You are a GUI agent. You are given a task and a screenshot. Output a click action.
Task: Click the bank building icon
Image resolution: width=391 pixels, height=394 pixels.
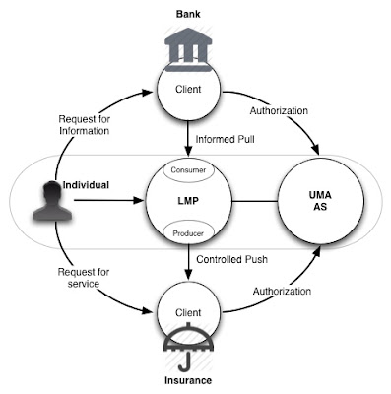(188, 49)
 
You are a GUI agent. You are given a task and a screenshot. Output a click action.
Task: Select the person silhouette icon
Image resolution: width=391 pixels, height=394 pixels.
(52, 200)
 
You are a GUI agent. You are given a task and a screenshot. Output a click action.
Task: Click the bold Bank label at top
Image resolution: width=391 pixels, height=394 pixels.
(188, 14)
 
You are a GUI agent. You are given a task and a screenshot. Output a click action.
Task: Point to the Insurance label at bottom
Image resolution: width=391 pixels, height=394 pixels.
(188, 380)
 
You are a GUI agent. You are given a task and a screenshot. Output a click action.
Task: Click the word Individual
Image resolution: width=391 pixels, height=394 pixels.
(86, 185)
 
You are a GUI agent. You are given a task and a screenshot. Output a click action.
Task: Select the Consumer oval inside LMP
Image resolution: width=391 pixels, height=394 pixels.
(188, 170)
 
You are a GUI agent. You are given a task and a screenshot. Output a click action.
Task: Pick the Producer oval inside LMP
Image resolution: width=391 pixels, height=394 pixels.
(188, 233)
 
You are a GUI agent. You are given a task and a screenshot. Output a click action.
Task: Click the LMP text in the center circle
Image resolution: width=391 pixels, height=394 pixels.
(188, 201)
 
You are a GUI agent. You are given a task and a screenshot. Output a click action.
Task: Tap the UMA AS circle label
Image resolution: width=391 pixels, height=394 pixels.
(320, 201)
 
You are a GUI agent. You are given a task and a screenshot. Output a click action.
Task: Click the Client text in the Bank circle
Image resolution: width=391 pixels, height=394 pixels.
(188, 89)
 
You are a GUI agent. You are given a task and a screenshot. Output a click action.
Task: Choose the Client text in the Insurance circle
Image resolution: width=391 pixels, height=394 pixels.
(188, 312)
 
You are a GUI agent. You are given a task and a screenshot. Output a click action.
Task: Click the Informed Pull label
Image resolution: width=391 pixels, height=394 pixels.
(225, 139)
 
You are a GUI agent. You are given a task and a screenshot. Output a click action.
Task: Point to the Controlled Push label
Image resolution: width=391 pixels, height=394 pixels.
(231, 259)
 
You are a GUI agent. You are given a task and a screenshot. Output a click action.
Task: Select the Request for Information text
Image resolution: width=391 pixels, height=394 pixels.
(85, 125)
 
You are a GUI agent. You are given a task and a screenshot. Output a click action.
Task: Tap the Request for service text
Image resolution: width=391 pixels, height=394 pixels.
(84, 278)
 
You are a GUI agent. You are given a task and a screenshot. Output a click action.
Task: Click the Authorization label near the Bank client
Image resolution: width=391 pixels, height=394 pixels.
(279, 111)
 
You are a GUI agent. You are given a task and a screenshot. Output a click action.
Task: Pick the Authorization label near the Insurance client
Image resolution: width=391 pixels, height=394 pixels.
(282, 292)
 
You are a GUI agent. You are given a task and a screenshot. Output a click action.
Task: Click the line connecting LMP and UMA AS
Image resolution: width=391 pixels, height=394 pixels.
(255, 201)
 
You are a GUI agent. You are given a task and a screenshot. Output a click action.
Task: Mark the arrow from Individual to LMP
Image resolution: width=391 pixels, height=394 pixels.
(109, 200)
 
